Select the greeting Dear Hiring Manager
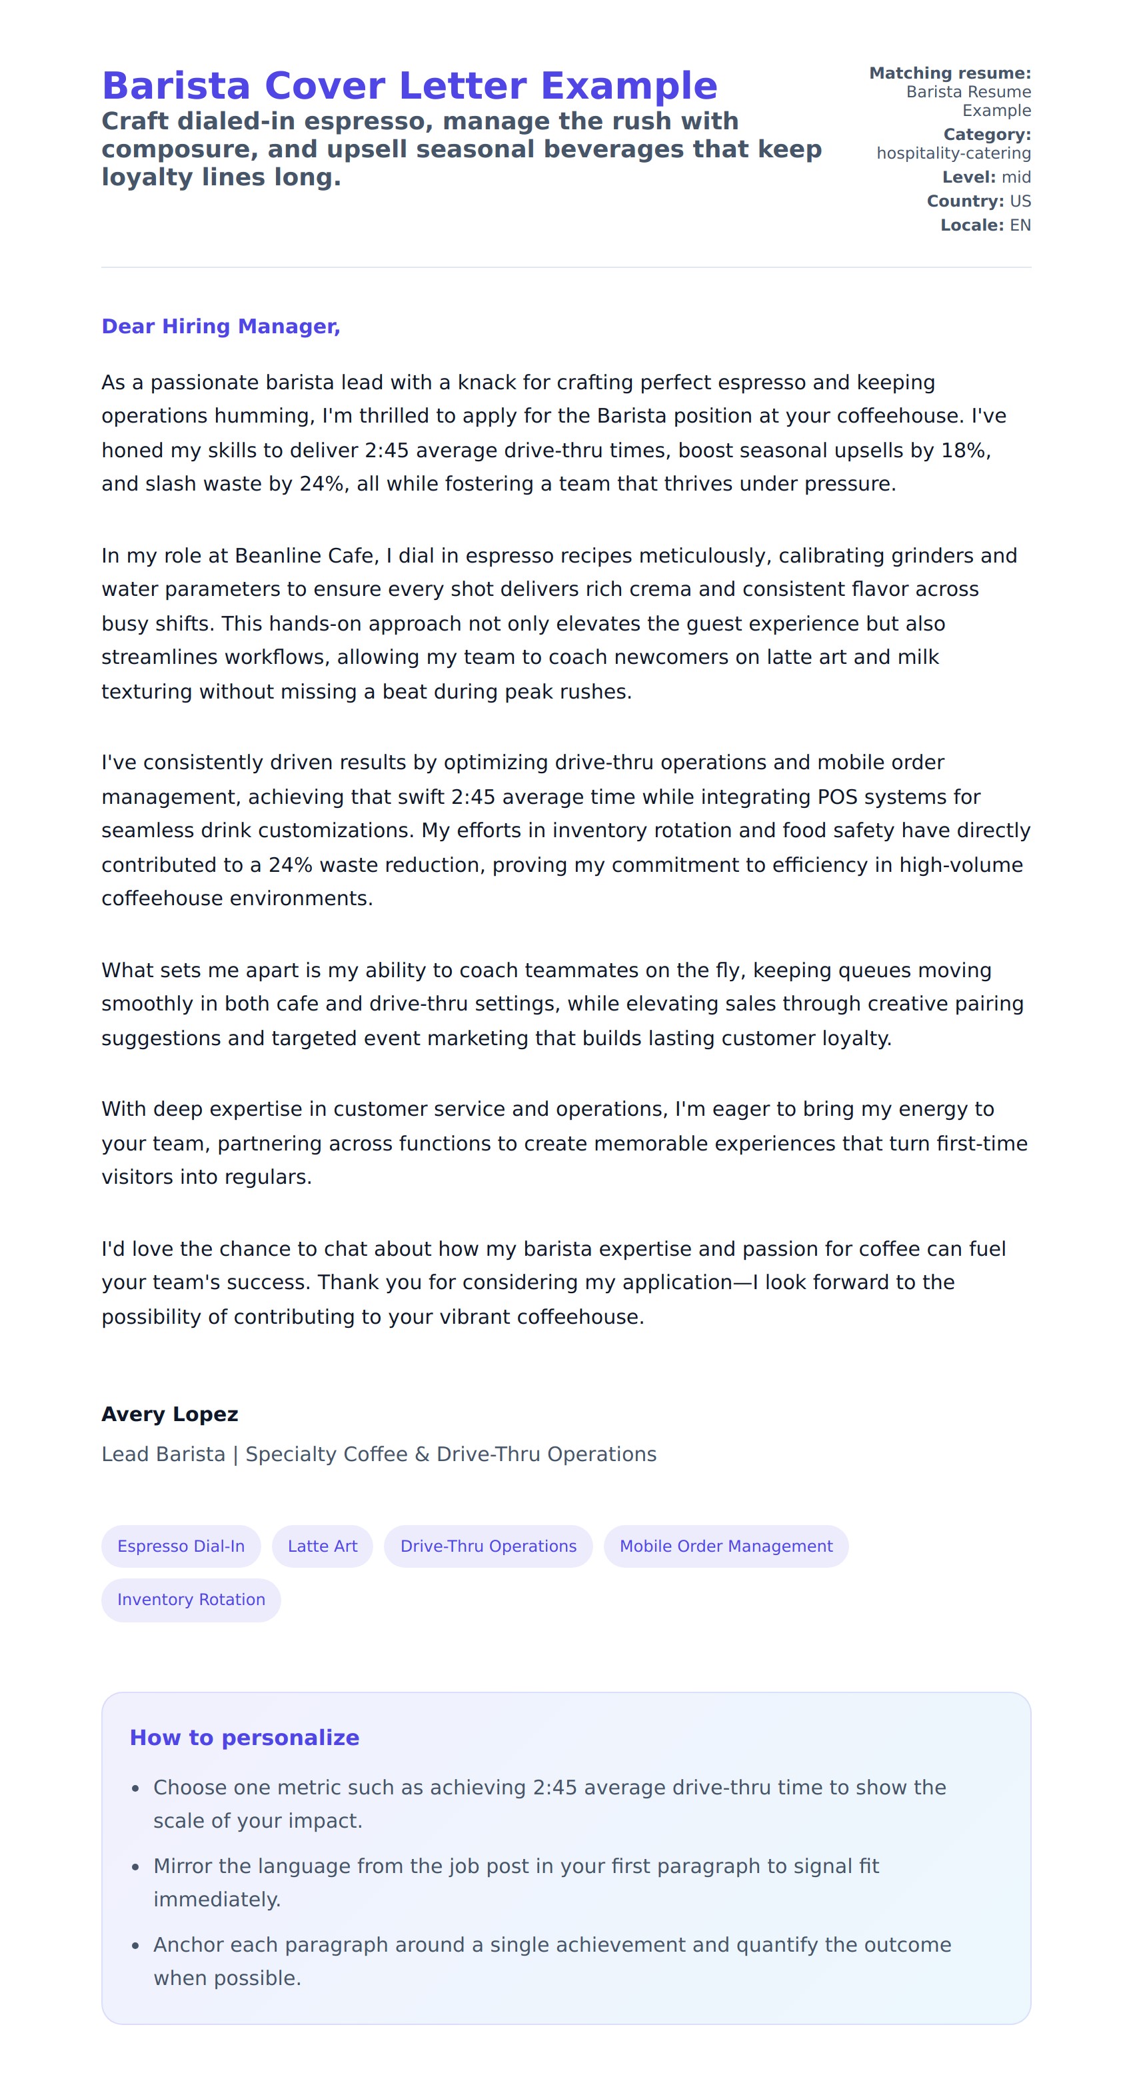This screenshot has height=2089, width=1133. tap(221, 326)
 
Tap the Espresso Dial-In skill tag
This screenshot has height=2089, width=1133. tap(181, 1546)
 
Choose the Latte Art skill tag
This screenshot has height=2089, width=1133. tap(322, 1546)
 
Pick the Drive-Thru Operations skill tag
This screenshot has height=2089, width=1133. tap(489, 1546)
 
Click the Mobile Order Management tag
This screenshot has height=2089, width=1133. tap(726, 1546)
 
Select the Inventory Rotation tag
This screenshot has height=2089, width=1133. tap(191, 1599)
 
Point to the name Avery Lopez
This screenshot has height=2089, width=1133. tap(169, 1414)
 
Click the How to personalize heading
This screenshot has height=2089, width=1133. tap(244, 1737)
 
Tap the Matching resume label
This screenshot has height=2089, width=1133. tap(950, 73)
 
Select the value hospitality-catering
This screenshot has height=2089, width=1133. tap(953, 153)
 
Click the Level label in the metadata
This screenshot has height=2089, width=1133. tap(968, 177)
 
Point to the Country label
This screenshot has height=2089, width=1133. tap(965, 201)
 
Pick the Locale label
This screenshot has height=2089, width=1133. tap(972, 225)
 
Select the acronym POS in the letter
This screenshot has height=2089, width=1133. tap(837, 797)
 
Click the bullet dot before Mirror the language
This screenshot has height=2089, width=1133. tap(135, 1867)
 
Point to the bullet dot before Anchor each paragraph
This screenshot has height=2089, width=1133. tap(135, 1946)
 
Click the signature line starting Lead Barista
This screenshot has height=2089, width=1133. tap(379, 1454)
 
